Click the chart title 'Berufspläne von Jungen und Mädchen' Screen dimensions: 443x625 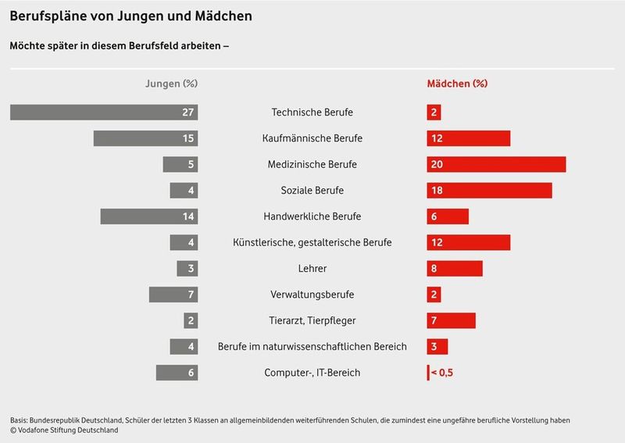(x=130, y=16)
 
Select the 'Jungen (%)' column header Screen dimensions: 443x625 (x=171, y=83)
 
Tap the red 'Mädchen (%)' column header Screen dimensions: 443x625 (x=456, y=83)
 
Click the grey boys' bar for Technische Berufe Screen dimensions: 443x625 (x=103, y=113)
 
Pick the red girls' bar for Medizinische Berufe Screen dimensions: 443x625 (x=496, y=165)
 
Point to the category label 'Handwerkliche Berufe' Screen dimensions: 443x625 (x=312, y=216)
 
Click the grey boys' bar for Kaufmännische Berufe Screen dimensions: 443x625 (x=145, y=138)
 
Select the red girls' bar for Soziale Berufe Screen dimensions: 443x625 (x=489, y=191)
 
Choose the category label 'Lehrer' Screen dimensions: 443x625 (x=312, y=269)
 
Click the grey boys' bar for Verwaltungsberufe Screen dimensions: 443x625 (x=173, y=295)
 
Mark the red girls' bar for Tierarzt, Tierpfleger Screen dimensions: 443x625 (x=451, y=320)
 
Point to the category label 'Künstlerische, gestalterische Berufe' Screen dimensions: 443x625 (x=312, y=242)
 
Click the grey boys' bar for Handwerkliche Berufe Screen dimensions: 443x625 (x=148, y=216)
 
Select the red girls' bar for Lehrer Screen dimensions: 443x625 (x=455, y=269)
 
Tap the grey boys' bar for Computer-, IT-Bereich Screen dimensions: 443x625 (x=177, y=373)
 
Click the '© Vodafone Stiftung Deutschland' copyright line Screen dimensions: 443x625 (x=64, y=430)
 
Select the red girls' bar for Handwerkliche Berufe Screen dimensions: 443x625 (x=448, y=216)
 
